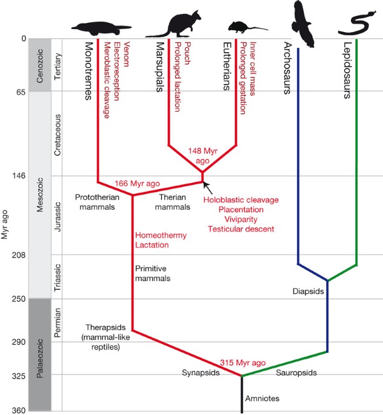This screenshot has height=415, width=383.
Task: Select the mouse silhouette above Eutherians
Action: pos(238,27)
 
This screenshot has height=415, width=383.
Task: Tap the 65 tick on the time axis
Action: pos(21,92)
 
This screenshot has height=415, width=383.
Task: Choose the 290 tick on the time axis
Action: pos(19,342)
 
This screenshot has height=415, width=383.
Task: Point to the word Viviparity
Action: pos(241,219)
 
